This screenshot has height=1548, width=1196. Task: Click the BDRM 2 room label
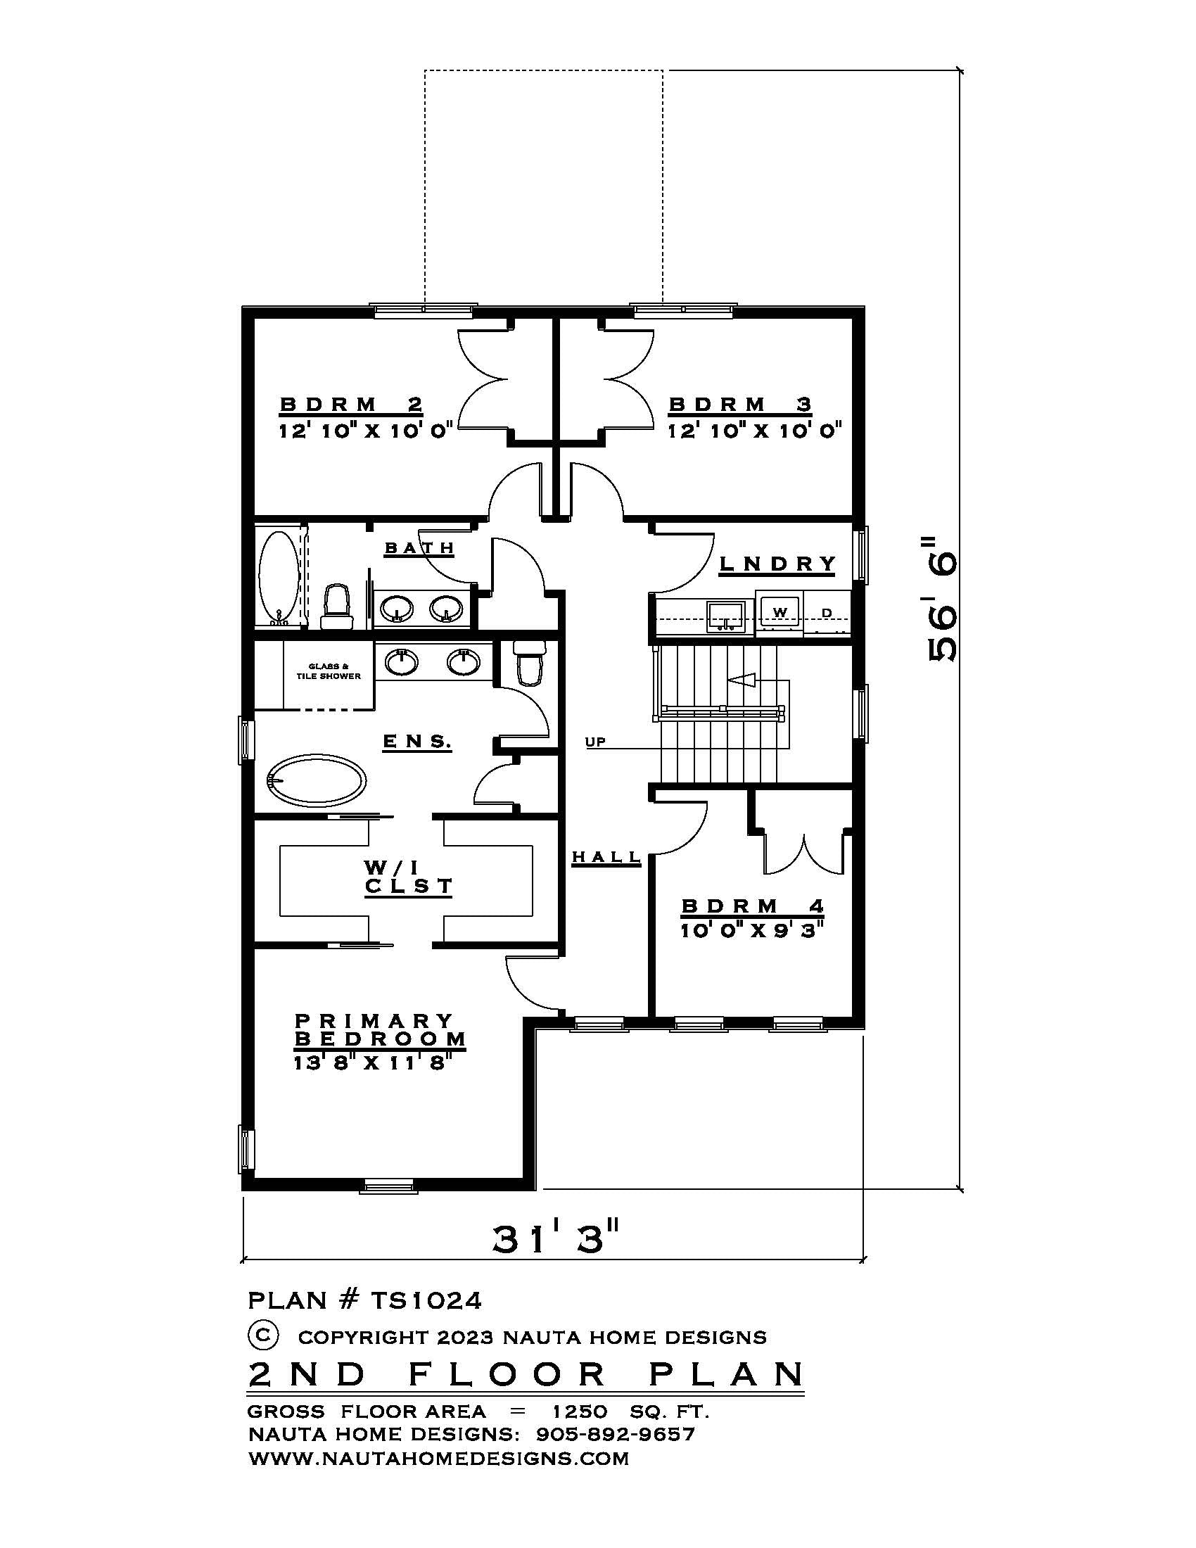352,405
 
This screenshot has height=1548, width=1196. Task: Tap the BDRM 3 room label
740,405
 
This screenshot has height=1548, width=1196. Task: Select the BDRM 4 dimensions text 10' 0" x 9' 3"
753,931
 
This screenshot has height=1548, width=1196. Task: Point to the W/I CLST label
408,877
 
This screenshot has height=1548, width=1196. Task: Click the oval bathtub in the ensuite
317,782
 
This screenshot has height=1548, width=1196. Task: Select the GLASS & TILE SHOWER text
328,671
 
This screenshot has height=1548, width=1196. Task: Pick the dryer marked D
826,612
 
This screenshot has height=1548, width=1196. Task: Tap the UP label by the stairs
595,742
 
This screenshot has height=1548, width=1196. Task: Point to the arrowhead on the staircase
739,680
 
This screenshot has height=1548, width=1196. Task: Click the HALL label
606,857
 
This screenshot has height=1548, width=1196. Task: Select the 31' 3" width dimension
556,1238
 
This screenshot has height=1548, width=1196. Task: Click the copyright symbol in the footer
262,1336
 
